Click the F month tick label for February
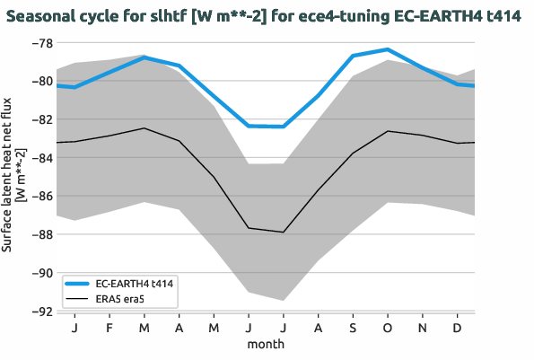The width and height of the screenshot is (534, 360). coord(109,329)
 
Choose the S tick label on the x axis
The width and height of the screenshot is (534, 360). coord(353,329)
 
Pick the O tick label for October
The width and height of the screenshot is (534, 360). coord(388,329)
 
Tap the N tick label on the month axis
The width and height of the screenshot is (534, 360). coord(423,329)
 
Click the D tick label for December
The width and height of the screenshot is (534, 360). coord(458,329)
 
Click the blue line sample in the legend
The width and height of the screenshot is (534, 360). coord(79,283)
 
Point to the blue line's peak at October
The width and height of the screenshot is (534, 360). coord(388,49)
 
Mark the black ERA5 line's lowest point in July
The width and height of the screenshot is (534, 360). coord(284,232)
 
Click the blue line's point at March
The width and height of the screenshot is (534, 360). coord(144,57)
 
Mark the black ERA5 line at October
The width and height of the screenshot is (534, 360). coord(388,131)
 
